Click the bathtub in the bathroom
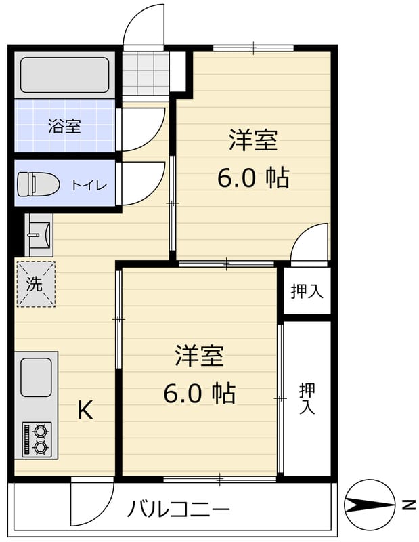(64, 75)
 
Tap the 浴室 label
(64, 126)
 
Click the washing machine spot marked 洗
(35, 284)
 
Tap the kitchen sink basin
(36, 377)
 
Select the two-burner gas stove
(37, 438)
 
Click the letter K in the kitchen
(85, 409)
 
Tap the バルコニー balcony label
(179, 507)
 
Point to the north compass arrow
(369, 505)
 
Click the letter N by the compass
(407, 505)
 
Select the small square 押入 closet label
(307, 291)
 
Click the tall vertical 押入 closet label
(307, 398)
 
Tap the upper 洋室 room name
(252, 141)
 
